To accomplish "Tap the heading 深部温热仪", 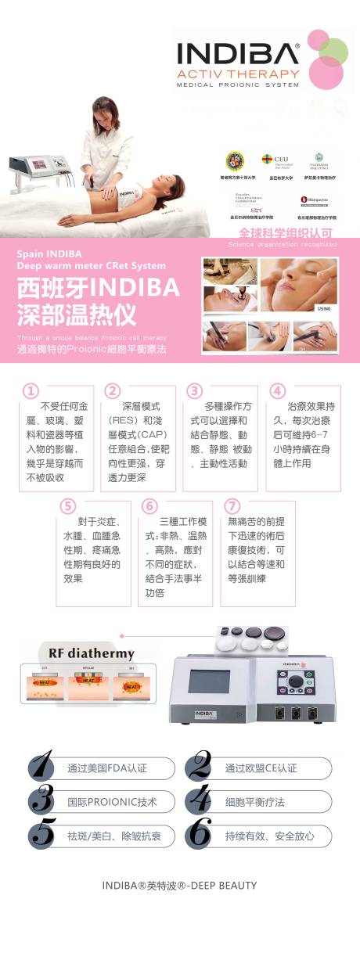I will [x=77, y=315].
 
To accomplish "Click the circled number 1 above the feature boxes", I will [x=31, y=390].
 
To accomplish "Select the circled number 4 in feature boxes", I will [x=277, y=390].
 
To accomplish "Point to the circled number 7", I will [x=232, y=505].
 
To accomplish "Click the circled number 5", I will [x=68, y=505].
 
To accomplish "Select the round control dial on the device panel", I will [x=294, y=682].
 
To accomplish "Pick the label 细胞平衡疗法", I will [x=254, y=802].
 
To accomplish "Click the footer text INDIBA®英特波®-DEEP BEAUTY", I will [x=179, y=885].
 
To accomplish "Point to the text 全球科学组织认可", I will [x=286, y=233].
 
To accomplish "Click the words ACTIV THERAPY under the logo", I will [x=238, y=74].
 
